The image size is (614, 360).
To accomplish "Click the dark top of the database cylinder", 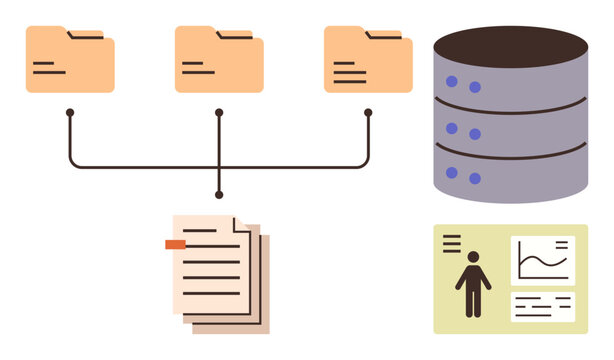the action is pos(511,46).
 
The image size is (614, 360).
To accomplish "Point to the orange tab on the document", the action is pos(175,244).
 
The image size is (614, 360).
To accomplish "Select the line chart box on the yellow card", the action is pos(543,261).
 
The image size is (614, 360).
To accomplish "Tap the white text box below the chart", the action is pos(543,306).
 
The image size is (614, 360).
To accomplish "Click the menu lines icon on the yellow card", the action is pos(452,242).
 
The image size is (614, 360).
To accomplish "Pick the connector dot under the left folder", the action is pos(70,113).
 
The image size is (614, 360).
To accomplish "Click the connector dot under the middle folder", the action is pos(219,113).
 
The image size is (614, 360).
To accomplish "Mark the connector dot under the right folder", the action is pos(368,113).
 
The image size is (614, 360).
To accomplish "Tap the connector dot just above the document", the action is pos(219,194).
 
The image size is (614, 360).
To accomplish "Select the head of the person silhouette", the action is pos(473,256).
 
